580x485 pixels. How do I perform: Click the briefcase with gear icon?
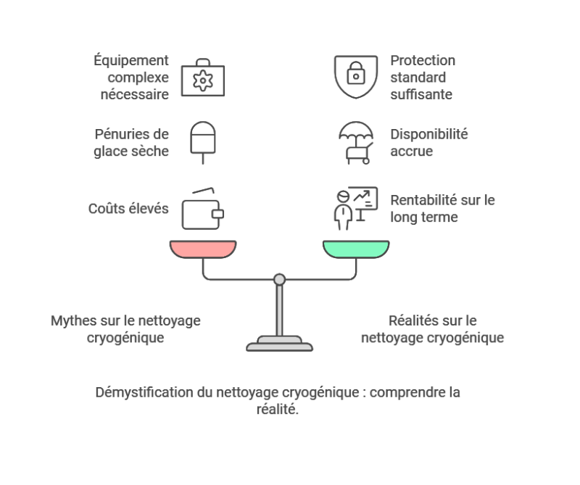tap(204, 76)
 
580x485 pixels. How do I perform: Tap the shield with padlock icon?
tap(355, 76)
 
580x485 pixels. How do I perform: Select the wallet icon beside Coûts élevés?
tap(204, 210)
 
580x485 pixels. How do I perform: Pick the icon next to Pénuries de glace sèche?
tap(204, 142)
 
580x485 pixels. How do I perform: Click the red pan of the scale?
tap(204, 249)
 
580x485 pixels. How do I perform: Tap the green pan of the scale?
tap(355, 249)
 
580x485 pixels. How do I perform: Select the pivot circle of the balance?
tap(279, 278)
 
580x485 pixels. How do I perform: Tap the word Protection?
tap(423, 60)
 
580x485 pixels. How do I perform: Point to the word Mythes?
tap(74, 320)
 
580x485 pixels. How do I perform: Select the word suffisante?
tap(421, 94)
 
